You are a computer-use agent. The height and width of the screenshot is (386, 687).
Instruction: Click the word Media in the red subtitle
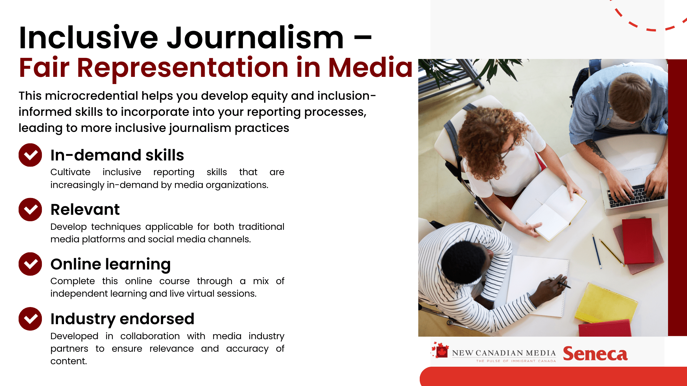[x=370, y=67]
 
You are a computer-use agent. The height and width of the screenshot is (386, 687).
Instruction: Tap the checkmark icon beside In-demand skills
[x=30, y=155]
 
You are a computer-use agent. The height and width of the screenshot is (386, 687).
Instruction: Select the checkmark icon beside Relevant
[x=30, y=209]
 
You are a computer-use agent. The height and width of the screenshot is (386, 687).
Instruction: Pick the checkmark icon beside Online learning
[x=30, y=264]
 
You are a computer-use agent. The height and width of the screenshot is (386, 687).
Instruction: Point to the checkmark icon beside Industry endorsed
[x=30, y=319]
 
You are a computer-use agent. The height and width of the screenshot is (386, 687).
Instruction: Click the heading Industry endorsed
[x=122, y=319]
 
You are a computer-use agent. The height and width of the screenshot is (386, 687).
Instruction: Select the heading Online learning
[x=111, y=264]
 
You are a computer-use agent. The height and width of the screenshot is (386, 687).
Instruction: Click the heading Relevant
[x=85, y=209]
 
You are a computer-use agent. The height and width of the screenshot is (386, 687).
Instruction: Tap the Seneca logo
[x=595, y=354]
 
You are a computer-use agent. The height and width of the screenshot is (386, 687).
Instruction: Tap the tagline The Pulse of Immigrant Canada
[x=516, y=361]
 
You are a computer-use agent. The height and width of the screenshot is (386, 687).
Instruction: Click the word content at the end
[x=69, y=361]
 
